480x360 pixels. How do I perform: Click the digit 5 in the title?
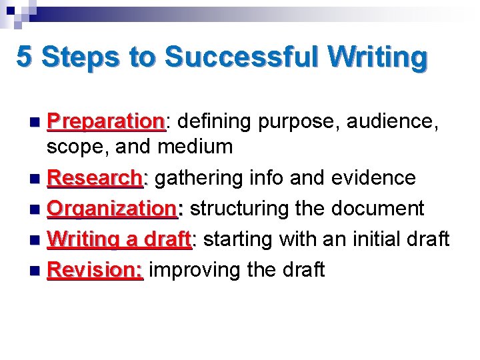(x=24, y=56)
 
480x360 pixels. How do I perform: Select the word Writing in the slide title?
(x=377, y=57)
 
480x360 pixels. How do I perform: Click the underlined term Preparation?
(x=107, y=122)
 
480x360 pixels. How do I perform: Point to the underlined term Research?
(x=95, y=178)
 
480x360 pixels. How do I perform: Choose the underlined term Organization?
(x=113, y=209)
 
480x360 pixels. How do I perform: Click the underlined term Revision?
(x=95, y=269)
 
